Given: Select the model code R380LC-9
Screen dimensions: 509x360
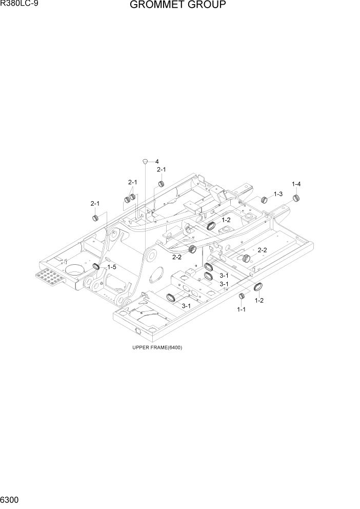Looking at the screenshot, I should [20, 5].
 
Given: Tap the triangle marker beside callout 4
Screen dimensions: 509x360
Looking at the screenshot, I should [146, 161].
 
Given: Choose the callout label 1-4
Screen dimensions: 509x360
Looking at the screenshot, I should [296, 184].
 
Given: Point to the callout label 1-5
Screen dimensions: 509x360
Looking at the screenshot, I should [111, 267].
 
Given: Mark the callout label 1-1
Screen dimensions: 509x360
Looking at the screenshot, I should [241, 309].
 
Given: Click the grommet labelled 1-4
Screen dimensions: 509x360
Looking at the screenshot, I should [296, 199].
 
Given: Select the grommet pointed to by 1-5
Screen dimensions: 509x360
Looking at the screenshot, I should [96, 266].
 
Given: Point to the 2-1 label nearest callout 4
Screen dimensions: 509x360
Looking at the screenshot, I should [162, 169].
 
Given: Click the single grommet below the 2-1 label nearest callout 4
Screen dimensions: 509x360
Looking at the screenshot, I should [161, 184].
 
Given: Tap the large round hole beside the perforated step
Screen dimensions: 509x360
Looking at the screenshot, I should [76, 269].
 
